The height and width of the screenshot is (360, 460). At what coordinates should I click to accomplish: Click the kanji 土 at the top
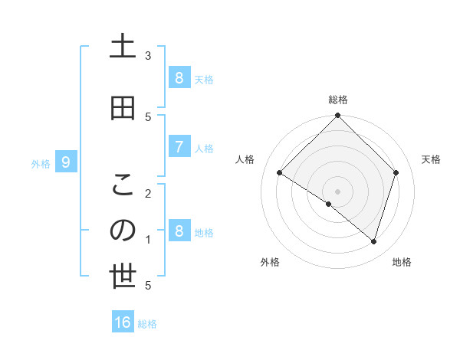click(x=123, y=47)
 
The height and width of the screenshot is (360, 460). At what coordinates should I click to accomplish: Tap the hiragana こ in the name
click(x=123, y=185)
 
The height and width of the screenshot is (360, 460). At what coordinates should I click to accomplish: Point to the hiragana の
click(x=123, y=231)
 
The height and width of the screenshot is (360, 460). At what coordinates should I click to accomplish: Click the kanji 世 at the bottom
click(x=123, y=277)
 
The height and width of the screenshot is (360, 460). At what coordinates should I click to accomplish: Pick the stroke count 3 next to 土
click(x=148, y=55)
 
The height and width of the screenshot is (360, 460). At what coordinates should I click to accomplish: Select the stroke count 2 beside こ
click(x=148, y=193)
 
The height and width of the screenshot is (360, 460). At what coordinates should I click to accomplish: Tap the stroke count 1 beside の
click(x=148, y=240)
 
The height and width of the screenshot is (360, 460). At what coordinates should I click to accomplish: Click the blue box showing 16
click(x=123, y=322)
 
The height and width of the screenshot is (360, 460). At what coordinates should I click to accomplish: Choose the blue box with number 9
click(x=66, y=162)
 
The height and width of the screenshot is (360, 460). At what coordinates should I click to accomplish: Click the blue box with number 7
click(x=179, y=147)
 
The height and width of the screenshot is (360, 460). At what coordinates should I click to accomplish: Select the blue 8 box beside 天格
click(x=179, y=78)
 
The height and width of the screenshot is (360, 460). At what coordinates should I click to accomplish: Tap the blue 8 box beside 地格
click(x=179, y=231)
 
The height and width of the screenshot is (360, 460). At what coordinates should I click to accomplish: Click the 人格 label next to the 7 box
click(x=204, y=148)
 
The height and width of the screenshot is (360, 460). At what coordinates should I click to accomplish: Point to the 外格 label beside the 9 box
click(x=41, y=163)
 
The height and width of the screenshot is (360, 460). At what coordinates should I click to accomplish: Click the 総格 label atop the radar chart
click(x=338, y=100)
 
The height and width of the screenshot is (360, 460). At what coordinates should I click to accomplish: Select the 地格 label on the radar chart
click(x=402, y=262)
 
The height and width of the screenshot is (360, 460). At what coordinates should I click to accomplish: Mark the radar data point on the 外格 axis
click(x=329, y=204)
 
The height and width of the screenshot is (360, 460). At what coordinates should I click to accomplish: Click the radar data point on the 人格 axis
click(x=280, y=173)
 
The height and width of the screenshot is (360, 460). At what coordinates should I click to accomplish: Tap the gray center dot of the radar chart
click(x=338, y=191)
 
